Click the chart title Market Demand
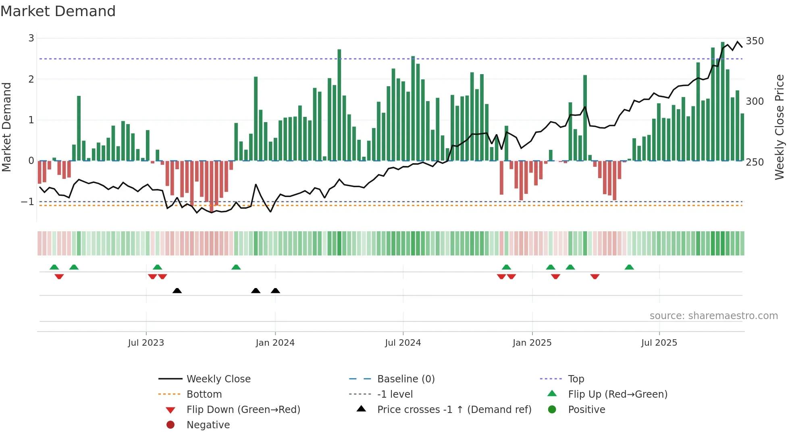pos(58,11)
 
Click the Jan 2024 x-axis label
pos(275,343)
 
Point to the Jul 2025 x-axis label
pos(659,343)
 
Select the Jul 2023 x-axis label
pos(146,343)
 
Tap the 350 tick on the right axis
pos(755,41)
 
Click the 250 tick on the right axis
pos(755,162)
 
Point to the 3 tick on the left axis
pos(31,38)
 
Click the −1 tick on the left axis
pos(28,201)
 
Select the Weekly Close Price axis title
pos(780,127)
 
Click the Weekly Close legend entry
pos(218,379)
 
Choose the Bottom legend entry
pos(204,394)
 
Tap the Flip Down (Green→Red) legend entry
pos(243,410)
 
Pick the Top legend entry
pos(576,379)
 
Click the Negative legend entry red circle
pos(170,425)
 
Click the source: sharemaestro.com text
pos(713,316)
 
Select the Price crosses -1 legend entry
pos(454,410)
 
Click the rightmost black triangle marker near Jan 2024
pos(275,291)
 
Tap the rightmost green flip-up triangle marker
pos(629,267)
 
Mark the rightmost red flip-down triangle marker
pos(595,276)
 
